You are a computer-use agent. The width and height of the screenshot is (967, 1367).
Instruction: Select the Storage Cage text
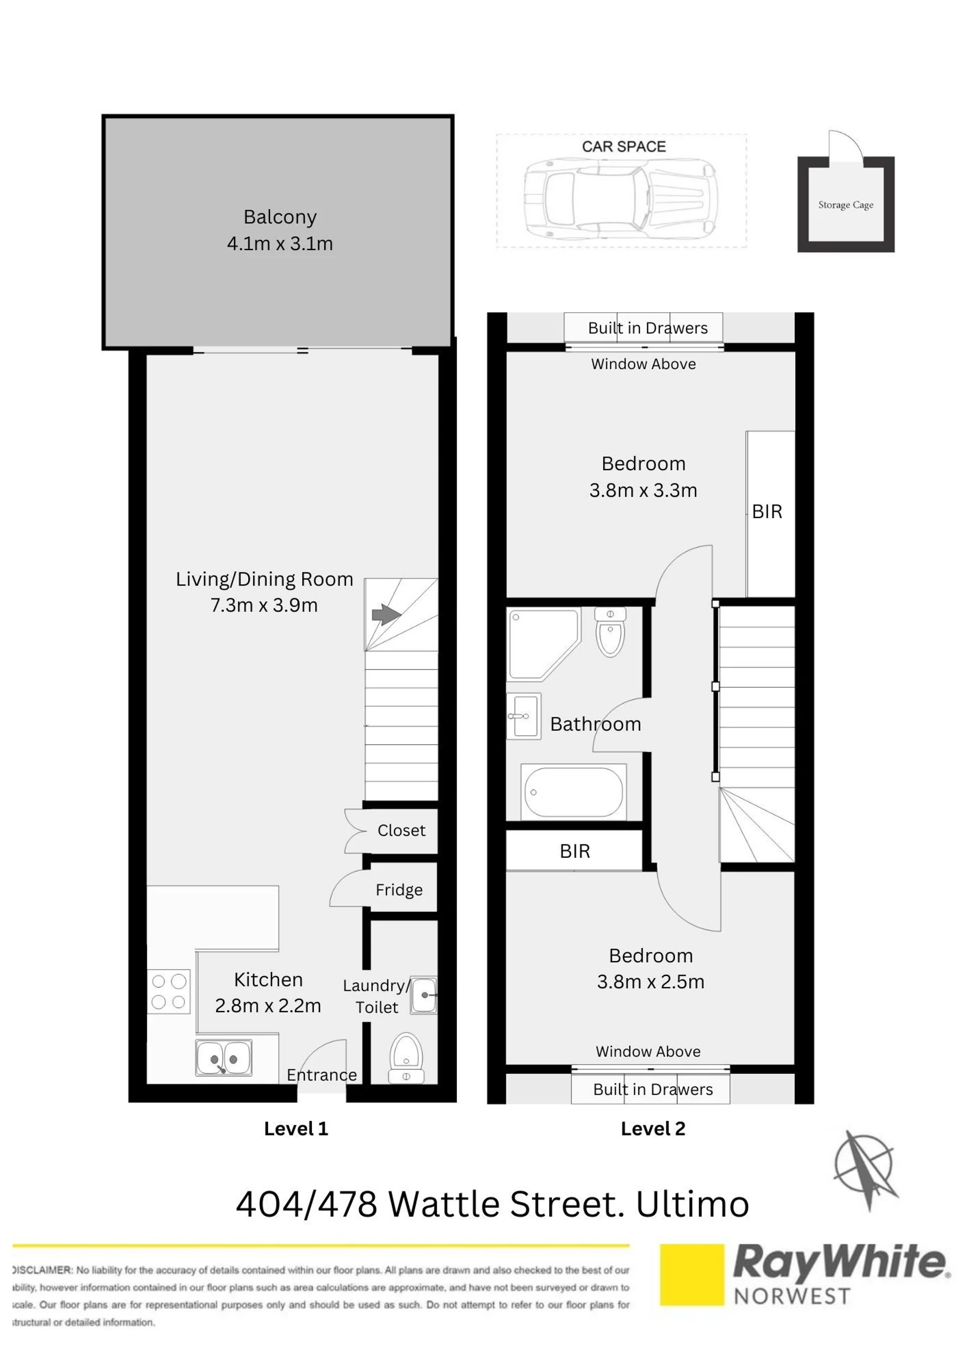point(846,205)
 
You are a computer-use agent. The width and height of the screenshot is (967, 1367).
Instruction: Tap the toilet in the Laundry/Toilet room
point(406,1058)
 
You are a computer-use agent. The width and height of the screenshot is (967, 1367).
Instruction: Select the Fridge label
point(399,890)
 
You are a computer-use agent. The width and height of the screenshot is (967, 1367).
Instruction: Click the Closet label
point(401,830)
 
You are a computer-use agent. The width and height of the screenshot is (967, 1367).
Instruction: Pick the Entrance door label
point(321,1074)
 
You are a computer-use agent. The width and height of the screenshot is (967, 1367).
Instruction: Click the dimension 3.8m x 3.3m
point(643,490)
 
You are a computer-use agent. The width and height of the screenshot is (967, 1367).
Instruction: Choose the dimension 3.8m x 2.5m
point(651,982)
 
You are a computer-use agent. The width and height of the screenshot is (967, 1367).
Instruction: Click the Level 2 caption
point(653,1128)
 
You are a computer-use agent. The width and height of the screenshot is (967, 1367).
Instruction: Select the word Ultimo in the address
point(693,1204)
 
